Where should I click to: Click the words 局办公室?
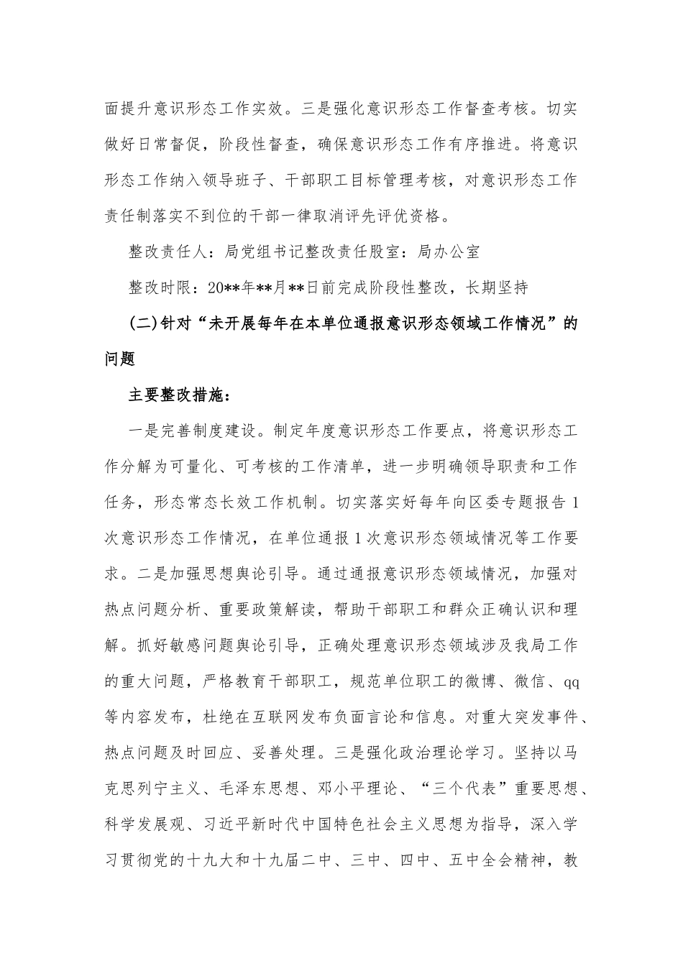point(448,252)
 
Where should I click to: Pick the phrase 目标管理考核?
point(391,180)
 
